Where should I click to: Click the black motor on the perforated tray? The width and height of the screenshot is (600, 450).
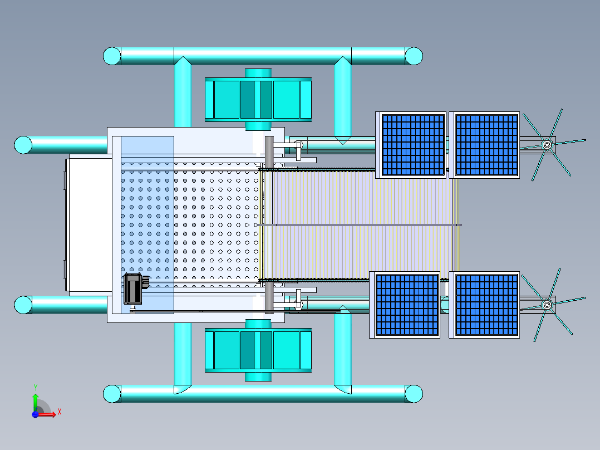click(134, 288)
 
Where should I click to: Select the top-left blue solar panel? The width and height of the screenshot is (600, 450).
click(412, 145)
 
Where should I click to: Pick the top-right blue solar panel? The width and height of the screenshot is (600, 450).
click(486, 145)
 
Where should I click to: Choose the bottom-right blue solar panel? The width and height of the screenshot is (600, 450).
click(486, 305)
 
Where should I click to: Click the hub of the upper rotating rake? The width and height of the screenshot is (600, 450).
click(547, 145)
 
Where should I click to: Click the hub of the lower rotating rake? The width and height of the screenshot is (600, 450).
click(547, 305)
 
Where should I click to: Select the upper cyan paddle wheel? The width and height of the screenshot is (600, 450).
click(258, 100)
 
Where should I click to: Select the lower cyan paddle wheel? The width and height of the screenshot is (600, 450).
click(258, 350)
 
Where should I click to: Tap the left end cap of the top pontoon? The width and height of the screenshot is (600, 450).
click(112, 56)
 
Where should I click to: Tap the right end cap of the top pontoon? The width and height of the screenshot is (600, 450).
click(414, 56)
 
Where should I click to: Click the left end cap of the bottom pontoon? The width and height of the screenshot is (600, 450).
click(112, 394)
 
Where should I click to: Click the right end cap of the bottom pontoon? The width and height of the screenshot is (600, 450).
click(414, 394)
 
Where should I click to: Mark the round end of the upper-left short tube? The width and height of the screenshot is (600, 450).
click(23, 145)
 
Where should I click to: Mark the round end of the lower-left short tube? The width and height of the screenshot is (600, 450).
click(23, 305)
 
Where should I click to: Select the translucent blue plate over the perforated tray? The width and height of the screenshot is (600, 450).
click(147, 223)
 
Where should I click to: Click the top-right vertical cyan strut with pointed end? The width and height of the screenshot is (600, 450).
click(342, 100)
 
